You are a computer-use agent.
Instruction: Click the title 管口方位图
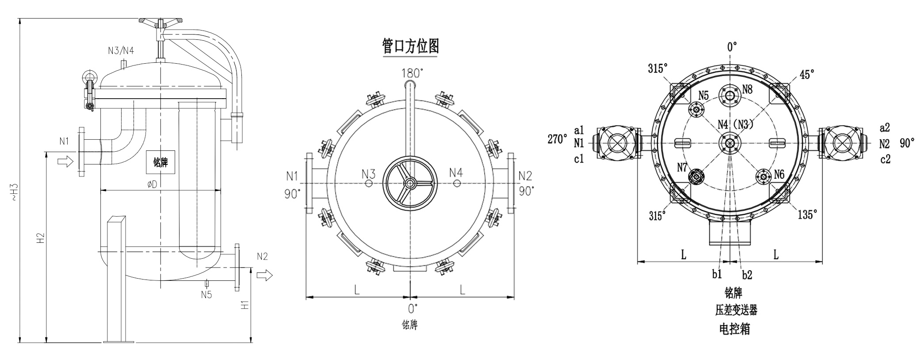click(410, 46)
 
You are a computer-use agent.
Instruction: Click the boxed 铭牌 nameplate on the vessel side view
click(161, 162)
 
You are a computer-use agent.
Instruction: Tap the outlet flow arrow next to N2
click(265, 276)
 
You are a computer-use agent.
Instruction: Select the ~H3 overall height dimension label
click(15, 192)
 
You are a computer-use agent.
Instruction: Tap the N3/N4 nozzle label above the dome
click(121, 50)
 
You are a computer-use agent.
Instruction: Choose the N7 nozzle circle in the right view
click(696, 177)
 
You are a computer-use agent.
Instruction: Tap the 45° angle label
click(806, 75)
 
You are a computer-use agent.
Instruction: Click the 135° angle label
click(807, 215)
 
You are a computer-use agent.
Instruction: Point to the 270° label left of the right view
click(558, 139)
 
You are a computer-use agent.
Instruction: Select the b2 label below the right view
click(747, 275)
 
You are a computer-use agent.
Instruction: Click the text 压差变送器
click(736, 310)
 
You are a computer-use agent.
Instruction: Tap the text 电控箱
click(734, 329)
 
